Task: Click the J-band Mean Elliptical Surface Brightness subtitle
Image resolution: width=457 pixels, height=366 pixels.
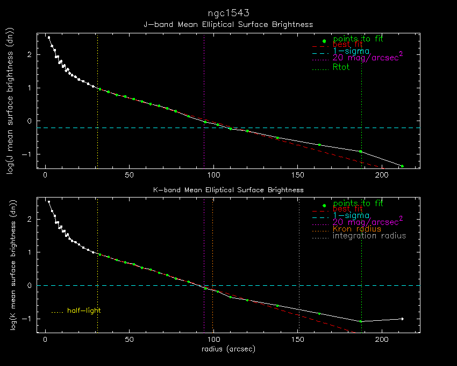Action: point(228,25)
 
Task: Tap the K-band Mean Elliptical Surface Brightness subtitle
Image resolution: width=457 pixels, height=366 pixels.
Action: point(228,190)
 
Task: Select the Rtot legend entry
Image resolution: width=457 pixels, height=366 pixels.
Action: point(341,67)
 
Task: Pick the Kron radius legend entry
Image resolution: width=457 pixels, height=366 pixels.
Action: point(357,229)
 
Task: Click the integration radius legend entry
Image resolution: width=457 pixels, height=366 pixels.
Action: point(369,236)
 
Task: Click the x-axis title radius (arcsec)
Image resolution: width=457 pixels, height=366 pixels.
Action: point(228,349)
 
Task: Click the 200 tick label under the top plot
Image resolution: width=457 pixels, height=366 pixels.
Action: point(381,176)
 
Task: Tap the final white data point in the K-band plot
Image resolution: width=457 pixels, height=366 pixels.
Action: point(402,319)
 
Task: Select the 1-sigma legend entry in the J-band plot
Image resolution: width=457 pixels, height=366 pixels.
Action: point(351,51)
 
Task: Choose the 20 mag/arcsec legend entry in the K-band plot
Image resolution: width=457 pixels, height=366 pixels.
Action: point(368,221)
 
